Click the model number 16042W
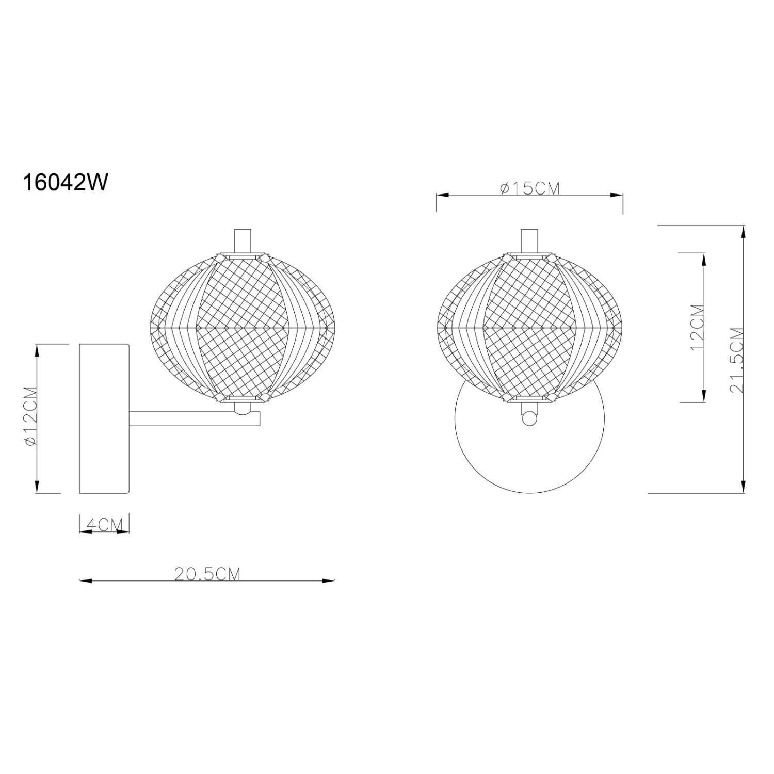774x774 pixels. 66,182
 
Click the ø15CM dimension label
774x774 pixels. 530,189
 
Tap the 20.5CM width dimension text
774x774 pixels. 207,574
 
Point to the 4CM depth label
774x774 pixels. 105,525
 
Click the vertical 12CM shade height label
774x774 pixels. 697,327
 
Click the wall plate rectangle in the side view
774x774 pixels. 104,418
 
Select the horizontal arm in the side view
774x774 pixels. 194,418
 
